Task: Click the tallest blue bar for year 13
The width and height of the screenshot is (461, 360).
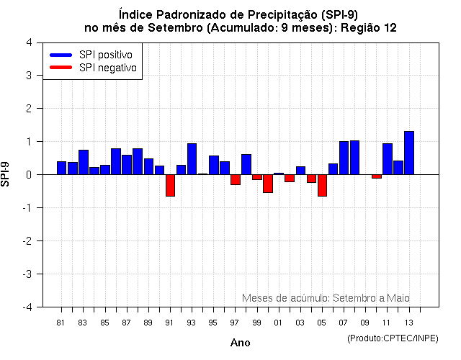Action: (x=409, y=153)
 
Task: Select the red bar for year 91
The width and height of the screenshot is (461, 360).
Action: (x=170, y=185)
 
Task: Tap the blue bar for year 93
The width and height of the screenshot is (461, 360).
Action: (x=192, y=158)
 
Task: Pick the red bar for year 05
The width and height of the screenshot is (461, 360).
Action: (x=322, y=185)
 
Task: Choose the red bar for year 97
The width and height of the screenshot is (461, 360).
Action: (x=236, y=179)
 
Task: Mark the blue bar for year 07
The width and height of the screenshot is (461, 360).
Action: (x=344, y=158)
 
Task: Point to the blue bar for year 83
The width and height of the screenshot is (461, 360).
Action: (x=84, y=162)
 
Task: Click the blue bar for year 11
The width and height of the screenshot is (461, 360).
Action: (x=388, y=158)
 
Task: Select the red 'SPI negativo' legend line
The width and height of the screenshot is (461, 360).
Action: (x=61, y=68)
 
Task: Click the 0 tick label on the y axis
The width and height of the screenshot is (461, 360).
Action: (x=28, y=174)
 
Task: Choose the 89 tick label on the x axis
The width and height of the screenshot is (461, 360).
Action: (x=148, y=323)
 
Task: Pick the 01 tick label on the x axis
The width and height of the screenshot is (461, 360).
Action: (x=278, y=323)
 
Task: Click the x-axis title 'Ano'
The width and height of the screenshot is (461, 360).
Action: (x=240, y=343)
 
